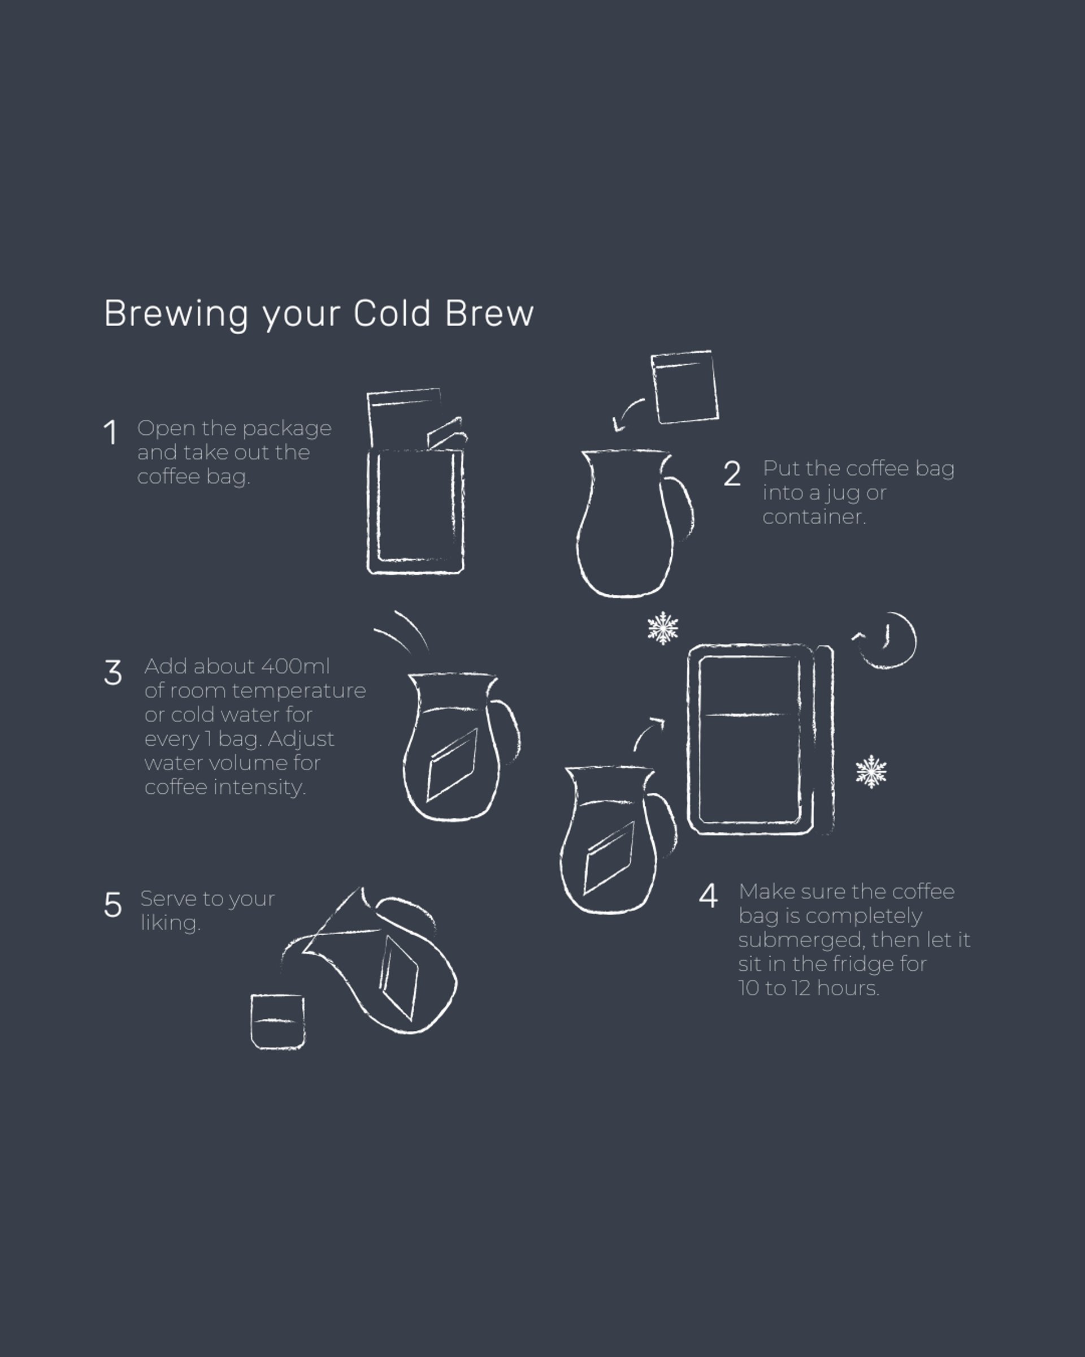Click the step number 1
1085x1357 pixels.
[111, 433]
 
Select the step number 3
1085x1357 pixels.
[113, 673]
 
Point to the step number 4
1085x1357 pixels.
[708, 896]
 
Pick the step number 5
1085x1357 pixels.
[113, 905]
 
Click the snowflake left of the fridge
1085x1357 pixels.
[663, 628]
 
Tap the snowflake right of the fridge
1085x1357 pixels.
[871, 772]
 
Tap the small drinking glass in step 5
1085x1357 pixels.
[277, 1022]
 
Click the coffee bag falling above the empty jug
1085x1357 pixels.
[684, 387]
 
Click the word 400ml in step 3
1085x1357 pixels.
[295, 666]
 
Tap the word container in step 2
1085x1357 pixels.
[814, 517]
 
